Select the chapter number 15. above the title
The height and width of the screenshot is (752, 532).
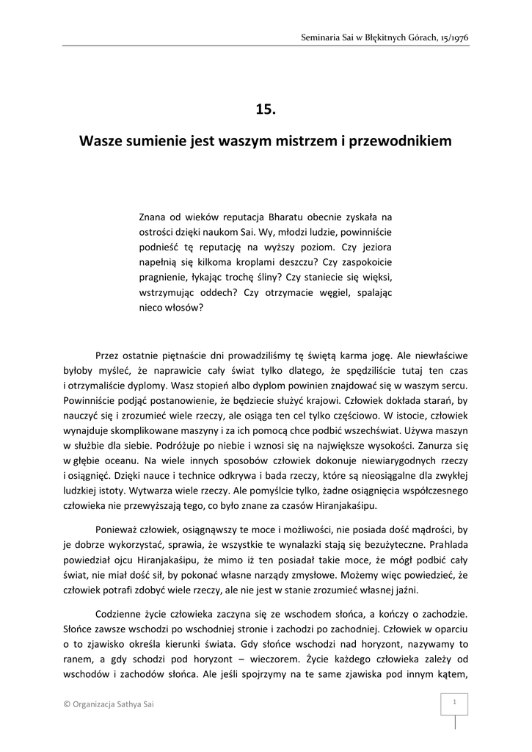(266, 109)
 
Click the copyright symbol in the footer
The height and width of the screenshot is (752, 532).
(68, 704)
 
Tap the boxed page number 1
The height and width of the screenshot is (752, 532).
(455, 703)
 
